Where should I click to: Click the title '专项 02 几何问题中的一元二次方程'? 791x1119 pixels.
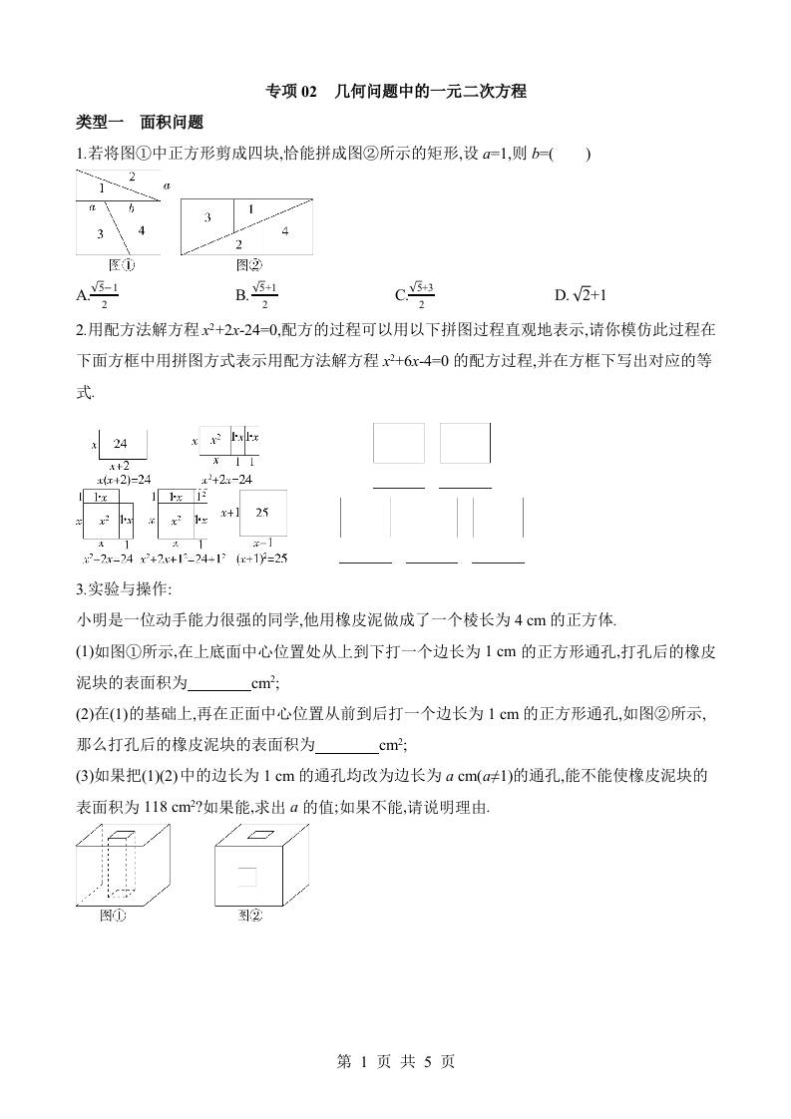pos(395,92)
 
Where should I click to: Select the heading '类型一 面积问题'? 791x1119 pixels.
pos(140,123)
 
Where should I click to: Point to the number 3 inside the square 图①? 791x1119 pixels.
pos(100,233)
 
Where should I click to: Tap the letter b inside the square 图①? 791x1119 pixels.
pos(130,208)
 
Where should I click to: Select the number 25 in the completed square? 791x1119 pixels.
pos(262,513)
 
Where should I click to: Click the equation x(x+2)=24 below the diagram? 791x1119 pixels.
pos(118,479)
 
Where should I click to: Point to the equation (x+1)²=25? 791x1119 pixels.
pos(262,559)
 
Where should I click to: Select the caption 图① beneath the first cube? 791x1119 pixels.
pos(112,915)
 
